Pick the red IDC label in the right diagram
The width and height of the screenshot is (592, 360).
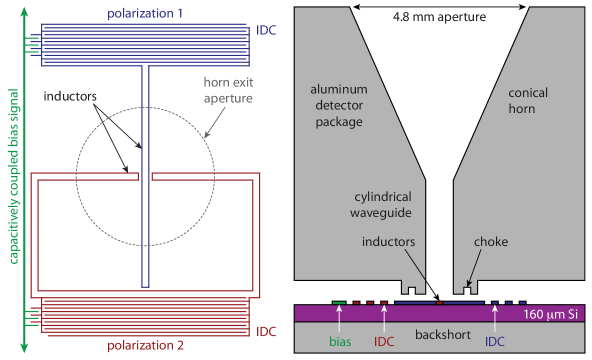[384, 341]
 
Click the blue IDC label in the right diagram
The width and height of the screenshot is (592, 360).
[495, 341]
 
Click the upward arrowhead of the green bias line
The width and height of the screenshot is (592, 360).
[22, 8]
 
